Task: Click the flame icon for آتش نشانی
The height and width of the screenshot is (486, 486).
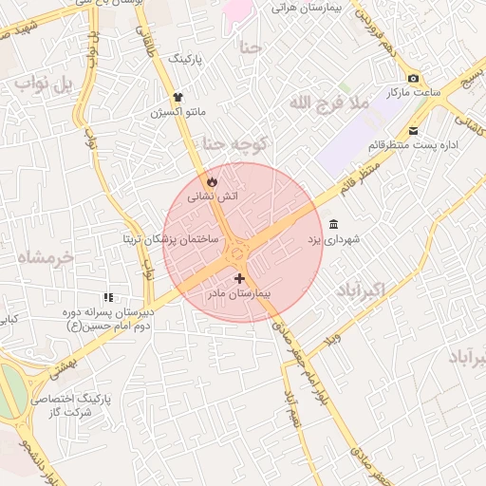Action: pos(211,180)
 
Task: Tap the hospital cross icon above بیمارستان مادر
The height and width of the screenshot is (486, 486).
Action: pos(238,279)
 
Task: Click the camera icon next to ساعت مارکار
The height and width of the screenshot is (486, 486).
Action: pos(412,79)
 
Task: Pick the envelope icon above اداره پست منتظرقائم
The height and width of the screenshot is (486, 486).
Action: pos(413,131)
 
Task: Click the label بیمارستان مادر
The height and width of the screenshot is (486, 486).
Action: pos(239,295)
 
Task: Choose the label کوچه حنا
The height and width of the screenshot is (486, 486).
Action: pos(235,143)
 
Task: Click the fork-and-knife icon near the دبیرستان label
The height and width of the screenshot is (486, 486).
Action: pos(109,298)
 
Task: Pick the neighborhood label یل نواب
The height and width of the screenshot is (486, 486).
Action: pos(43,85)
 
